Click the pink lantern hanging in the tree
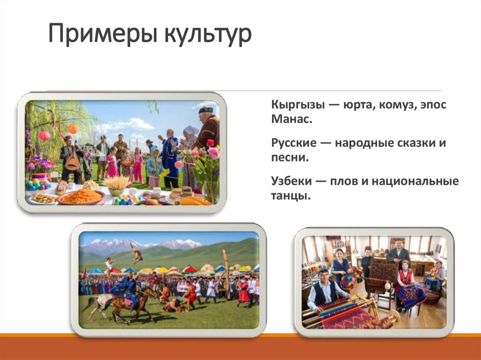coord(44,136)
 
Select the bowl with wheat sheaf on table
coord(116,186)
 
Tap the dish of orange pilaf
coord(81,196)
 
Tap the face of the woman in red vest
coord(405,264)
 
